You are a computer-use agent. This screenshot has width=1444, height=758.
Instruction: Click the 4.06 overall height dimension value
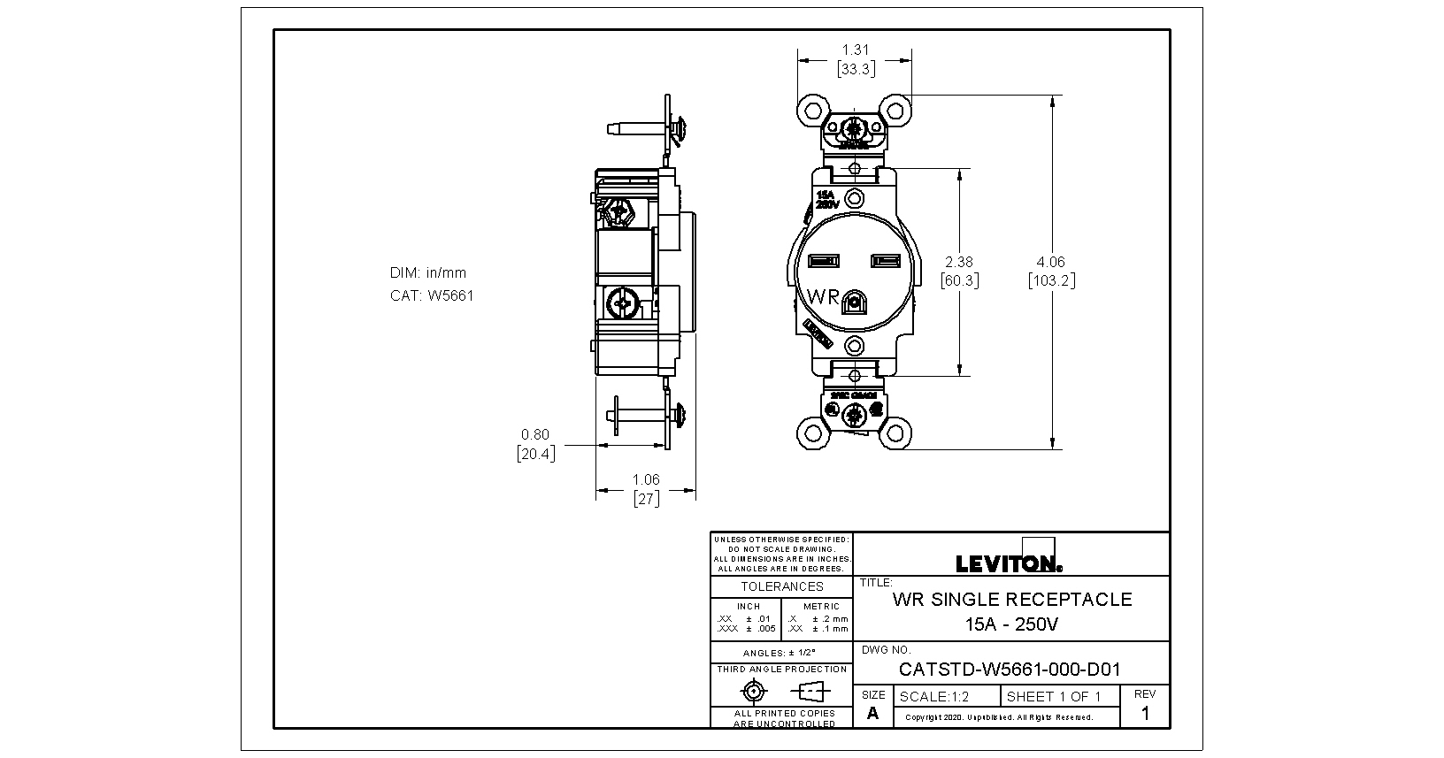pos(1051,262)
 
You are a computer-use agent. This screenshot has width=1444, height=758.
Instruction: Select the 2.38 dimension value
pos(959,262)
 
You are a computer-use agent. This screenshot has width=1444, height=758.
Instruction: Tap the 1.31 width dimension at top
pos(854,50)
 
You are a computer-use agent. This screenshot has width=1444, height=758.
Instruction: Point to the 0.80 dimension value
pos(535,434)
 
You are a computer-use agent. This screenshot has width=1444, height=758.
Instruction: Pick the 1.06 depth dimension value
pos(646,479)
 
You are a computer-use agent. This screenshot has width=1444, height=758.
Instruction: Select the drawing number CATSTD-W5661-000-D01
pos(1010,670)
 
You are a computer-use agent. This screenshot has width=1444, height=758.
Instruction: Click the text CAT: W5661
pos(432,295)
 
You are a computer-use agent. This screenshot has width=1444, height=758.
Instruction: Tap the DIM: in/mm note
pos(428,272)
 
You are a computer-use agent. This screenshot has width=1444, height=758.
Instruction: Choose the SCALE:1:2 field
pos(934,697)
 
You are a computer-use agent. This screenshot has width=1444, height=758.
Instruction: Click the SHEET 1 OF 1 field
pos(1054,697)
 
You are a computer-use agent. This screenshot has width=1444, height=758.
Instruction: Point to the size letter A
pos(873,714)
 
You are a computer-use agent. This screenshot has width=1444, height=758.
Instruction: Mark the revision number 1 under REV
pos(1145,714)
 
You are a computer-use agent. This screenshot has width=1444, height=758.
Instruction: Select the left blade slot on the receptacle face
pos(824,261)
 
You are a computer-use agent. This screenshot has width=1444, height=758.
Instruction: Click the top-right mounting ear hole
pos(895,111)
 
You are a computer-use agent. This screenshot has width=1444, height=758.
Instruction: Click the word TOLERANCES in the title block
pos(782,586)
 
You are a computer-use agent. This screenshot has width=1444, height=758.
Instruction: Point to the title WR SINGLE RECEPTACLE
pos(1012,600)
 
